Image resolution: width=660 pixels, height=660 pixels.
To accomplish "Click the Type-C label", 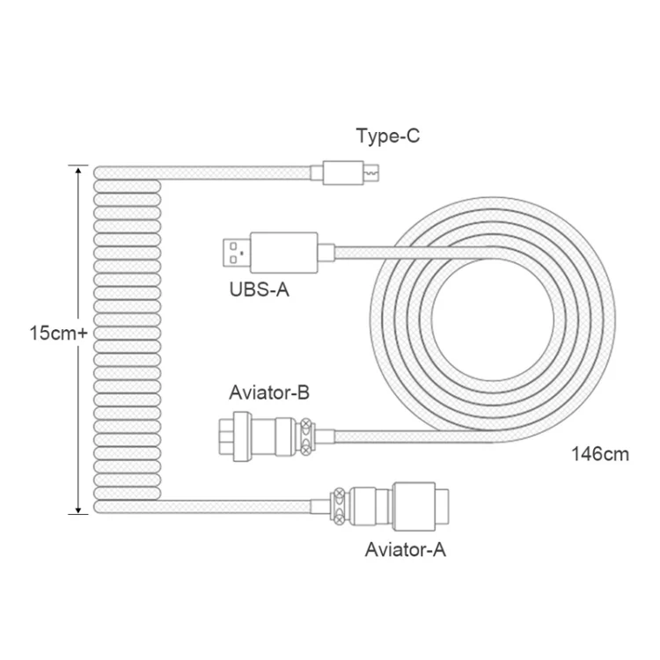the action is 388,136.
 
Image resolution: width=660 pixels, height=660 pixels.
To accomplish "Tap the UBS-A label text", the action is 260,290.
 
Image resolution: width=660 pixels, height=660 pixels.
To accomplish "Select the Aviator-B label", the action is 269,392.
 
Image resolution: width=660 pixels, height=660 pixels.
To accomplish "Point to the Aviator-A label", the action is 406,550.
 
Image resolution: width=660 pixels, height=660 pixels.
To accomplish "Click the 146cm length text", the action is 600,455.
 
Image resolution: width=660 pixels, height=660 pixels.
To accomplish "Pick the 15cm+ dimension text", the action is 58,333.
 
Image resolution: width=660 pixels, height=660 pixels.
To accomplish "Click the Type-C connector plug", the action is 345,172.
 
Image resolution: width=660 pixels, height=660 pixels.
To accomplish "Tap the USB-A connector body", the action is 283,253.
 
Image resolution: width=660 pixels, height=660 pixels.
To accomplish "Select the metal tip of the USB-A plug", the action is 237,253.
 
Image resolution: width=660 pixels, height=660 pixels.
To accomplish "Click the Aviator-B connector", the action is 267,436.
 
